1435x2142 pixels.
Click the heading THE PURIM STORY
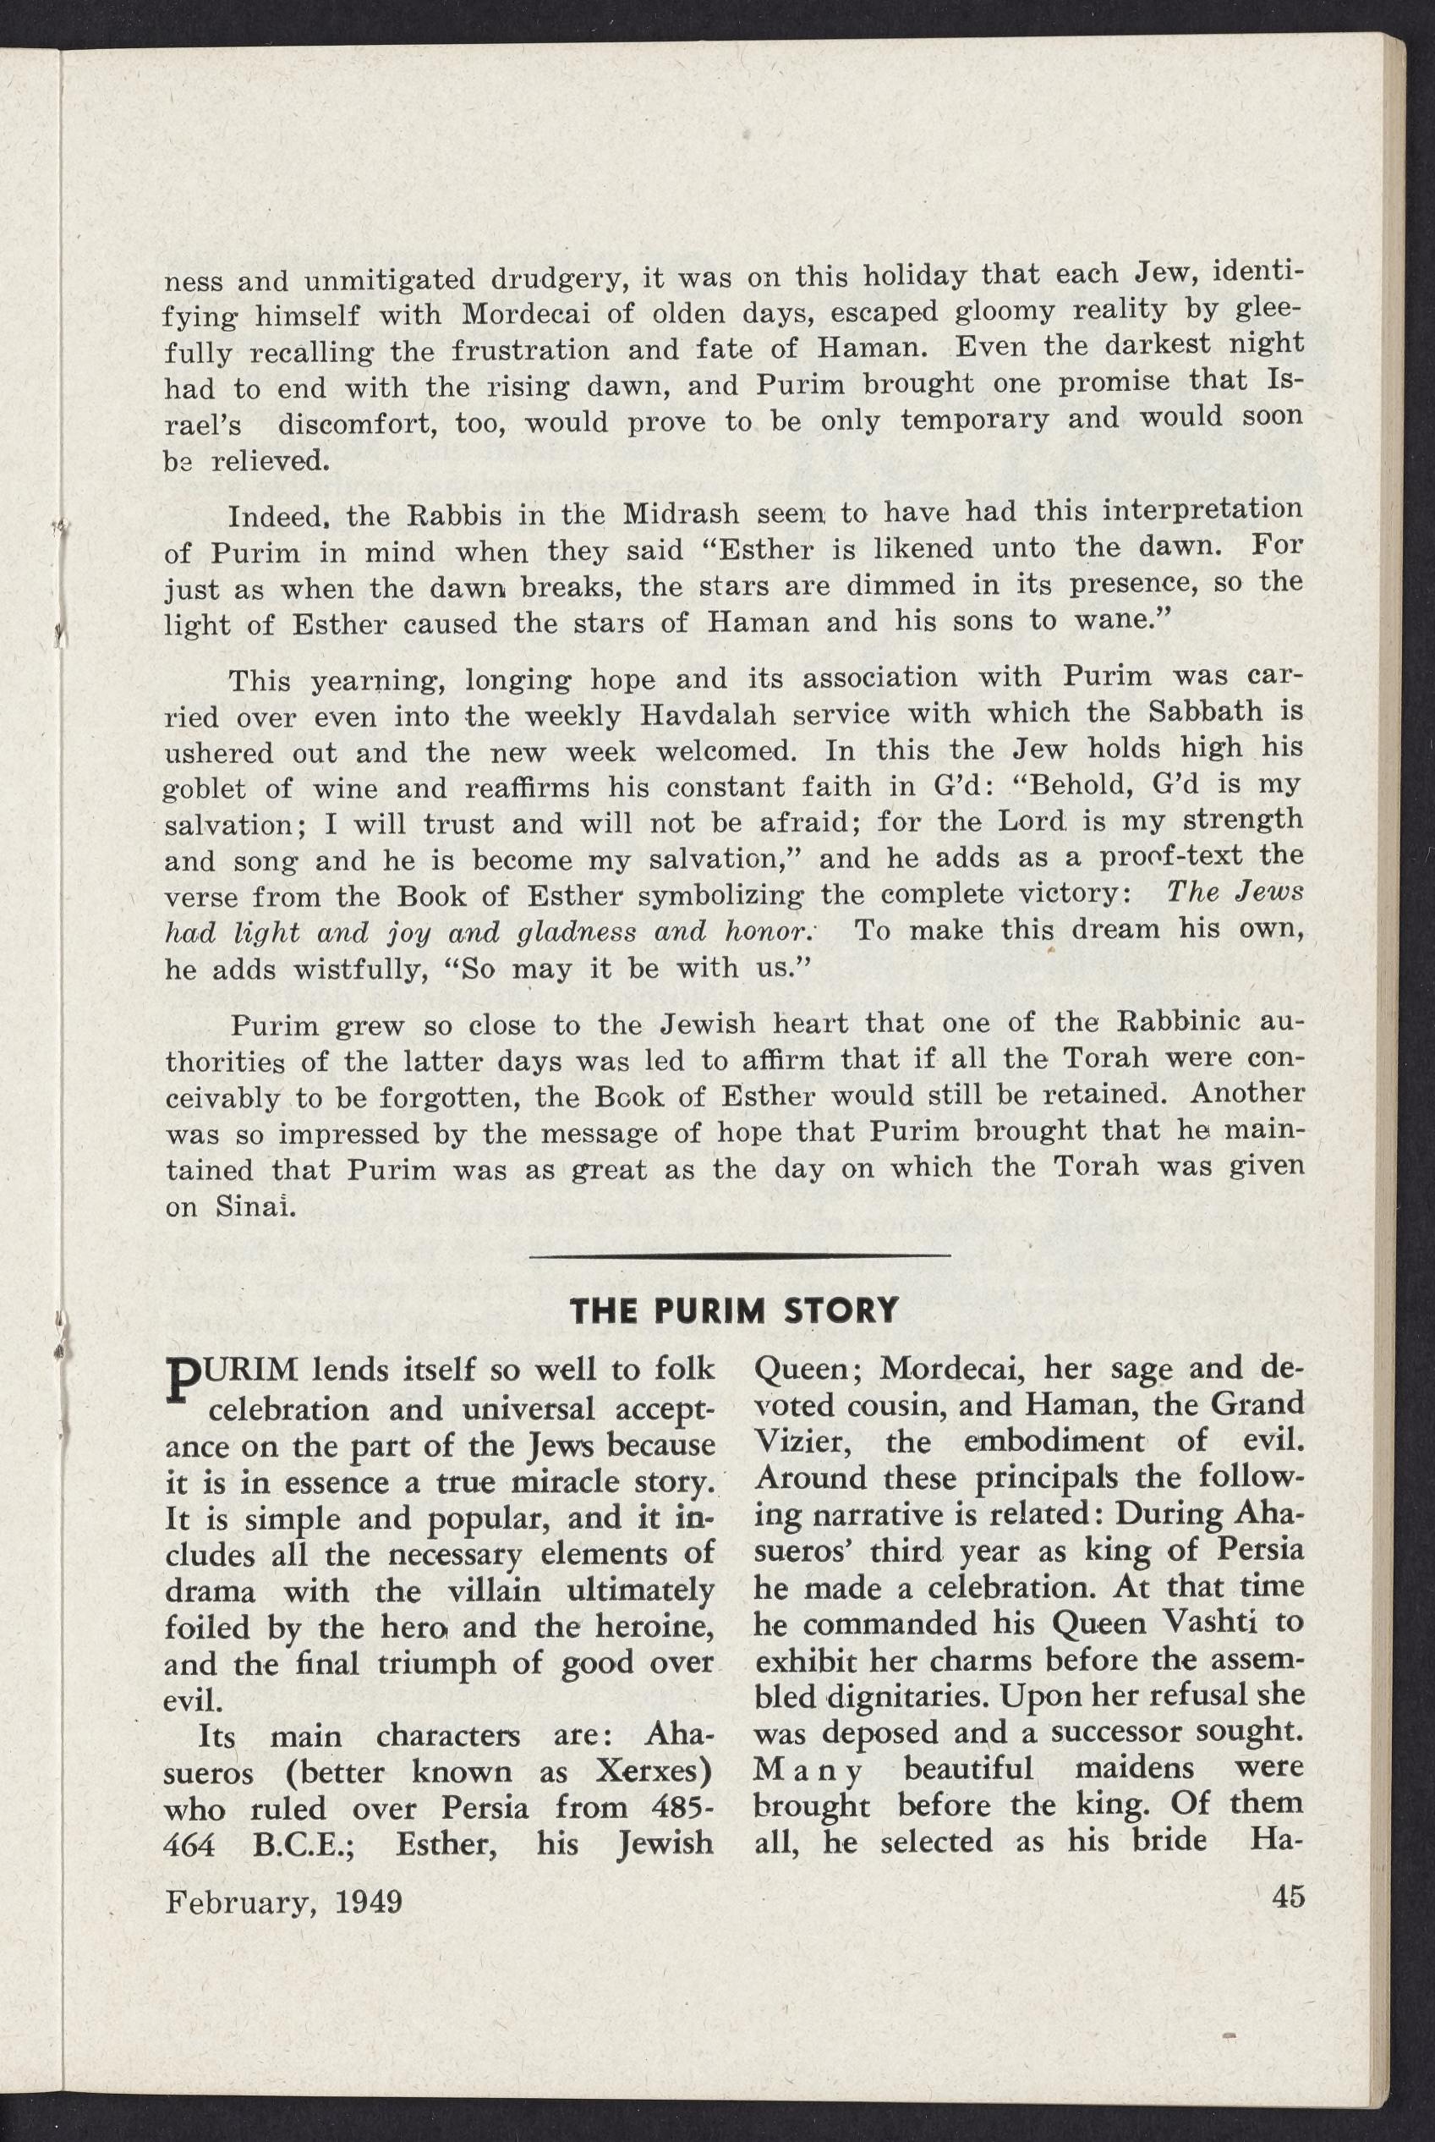733,1310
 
